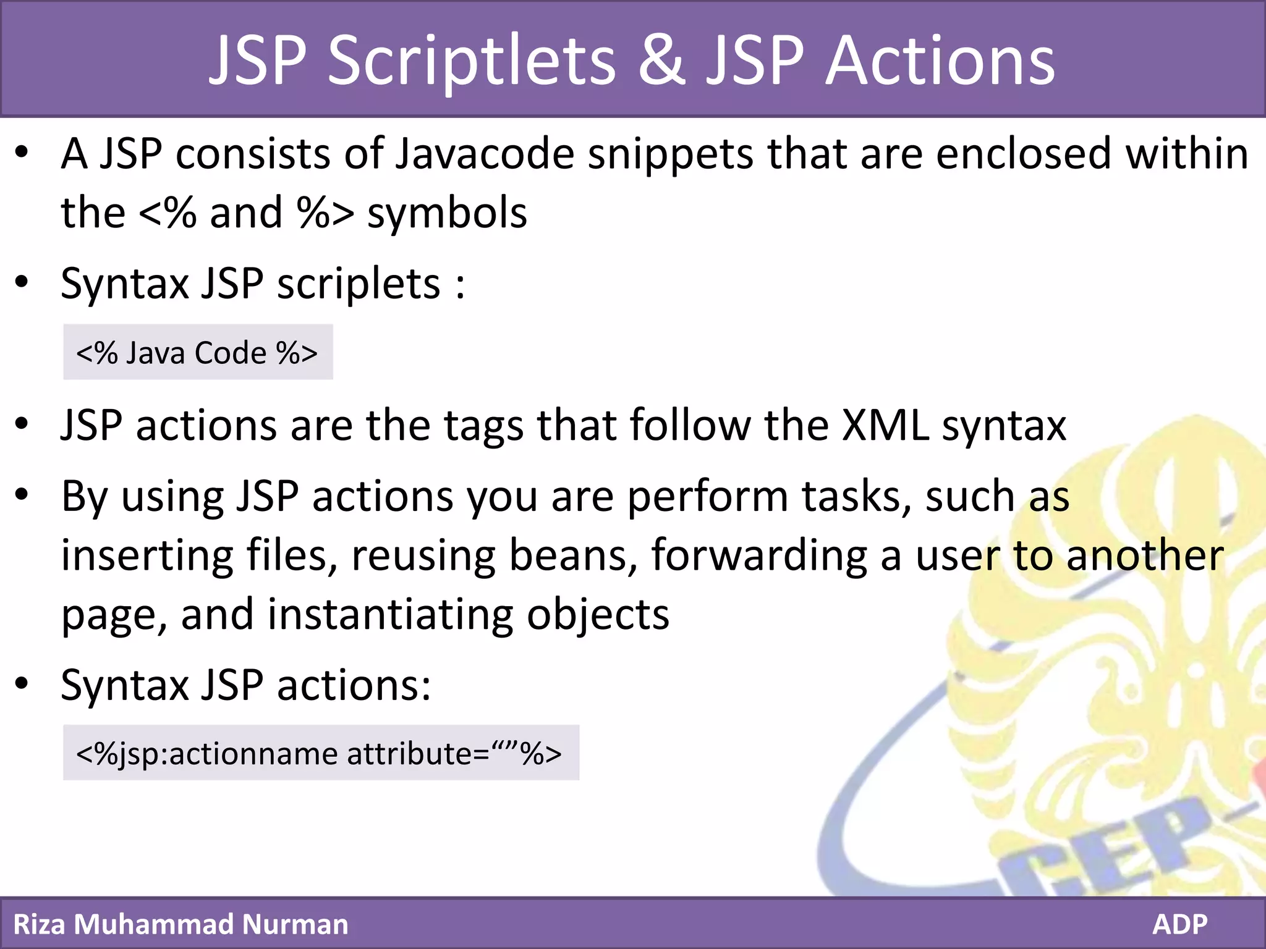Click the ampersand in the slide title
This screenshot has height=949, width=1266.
click(661, 61)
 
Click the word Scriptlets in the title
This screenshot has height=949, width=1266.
click(471, 61)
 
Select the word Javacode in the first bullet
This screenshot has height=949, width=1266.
click(485, 154)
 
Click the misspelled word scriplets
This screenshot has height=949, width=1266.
click(359, 285)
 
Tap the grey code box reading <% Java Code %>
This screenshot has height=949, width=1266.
click(198, 352)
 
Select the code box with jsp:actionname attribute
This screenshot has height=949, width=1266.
click(320, 753)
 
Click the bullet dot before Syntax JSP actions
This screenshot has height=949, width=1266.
click(22, 683)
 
